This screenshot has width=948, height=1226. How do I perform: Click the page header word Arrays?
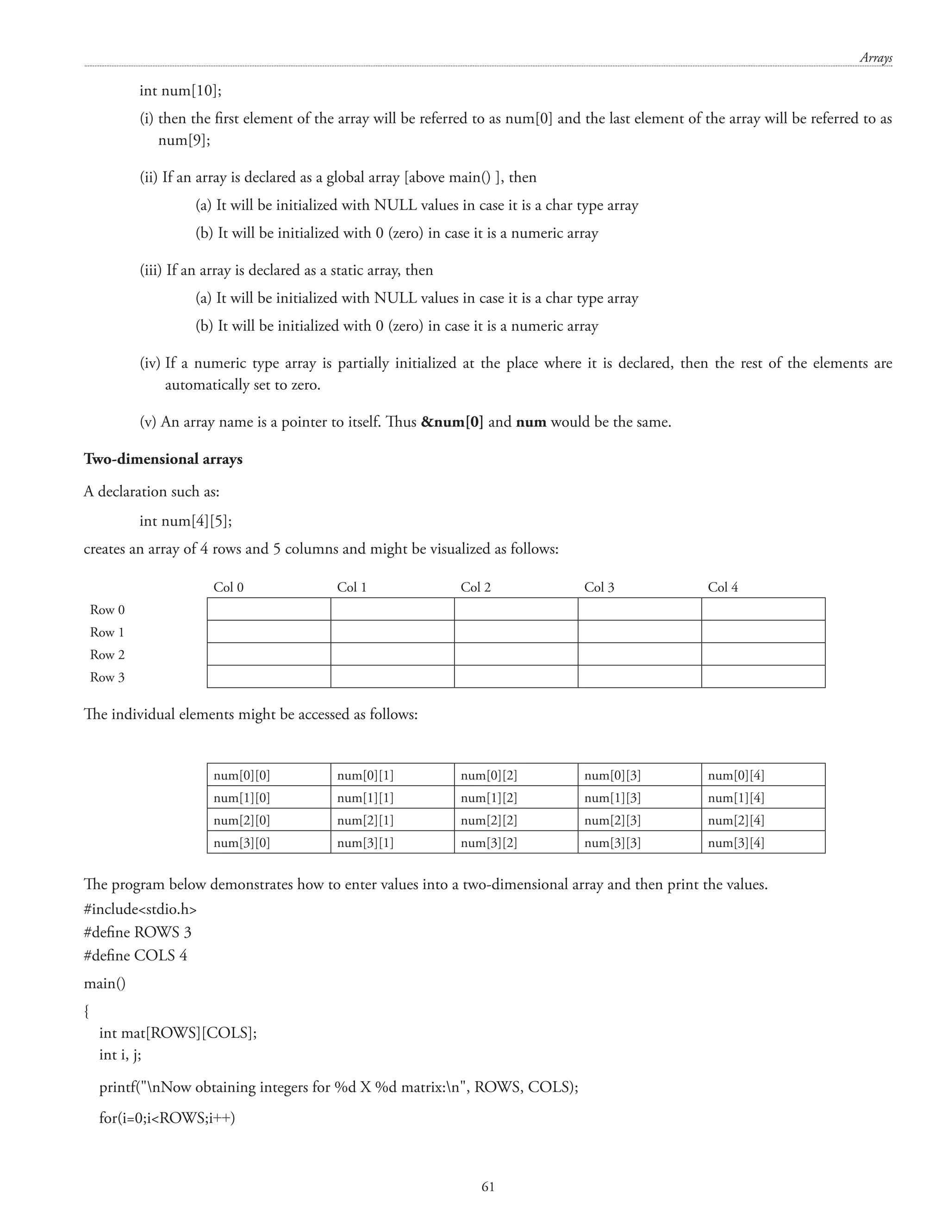tap(875, 58)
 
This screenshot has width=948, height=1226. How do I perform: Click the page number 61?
tap(488, 1186)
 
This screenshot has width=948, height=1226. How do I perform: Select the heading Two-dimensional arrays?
tap(163, 459)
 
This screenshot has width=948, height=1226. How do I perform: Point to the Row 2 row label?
tap(107, 655)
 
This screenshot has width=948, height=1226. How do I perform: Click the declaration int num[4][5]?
tap(185, 521)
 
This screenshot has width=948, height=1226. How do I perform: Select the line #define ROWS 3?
tap(137, 932)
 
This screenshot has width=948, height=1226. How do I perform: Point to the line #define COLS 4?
tap(135, 955)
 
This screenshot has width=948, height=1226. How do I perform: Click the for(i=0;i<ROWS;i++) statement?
tap(167, 1118)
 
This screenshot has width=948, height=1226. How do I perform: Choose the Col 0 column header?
tap(228, 587)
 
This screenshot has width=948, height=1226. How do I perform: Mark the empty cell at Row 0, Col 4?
tap(763, 609)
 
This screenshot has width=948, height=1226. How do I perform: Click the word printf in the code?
tap(116, 1087)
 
